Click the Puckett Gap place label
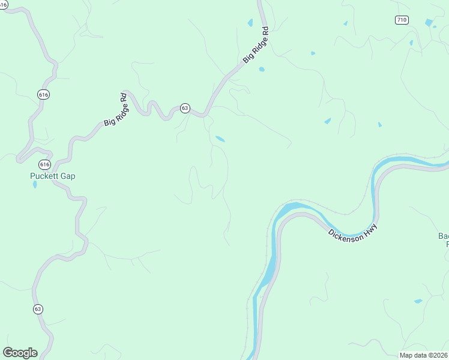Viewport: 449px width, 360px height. pos(53,176)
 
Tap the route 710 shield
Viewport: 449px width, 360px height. pos(402,20)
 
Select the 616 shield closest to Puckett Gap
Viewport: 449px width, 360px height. pos(44,164)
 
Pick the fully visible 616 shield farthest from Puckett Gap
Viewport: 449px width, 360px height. pos(43,94)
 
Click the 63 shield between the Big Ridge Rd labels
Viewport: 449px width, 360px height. pos(185,109)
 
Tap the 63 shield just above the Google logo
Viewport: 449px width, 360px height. pos(38,309)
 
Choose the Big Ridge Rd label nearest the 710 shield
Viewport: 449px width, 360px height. pos(256,44)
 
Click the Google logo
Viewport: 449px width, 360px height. pos(20,353)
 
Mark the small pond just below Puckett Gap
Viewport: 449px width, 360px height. pos(35,184)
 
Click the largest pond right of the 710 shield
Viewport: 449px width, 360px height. pos(429,23)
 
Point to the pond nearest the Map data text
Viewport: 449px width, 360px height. pos(418,301)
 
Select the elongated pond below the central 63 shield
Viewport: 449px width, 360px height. pos(220,139)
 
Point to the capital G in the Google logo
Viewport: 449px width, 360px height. pos(8,353)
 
